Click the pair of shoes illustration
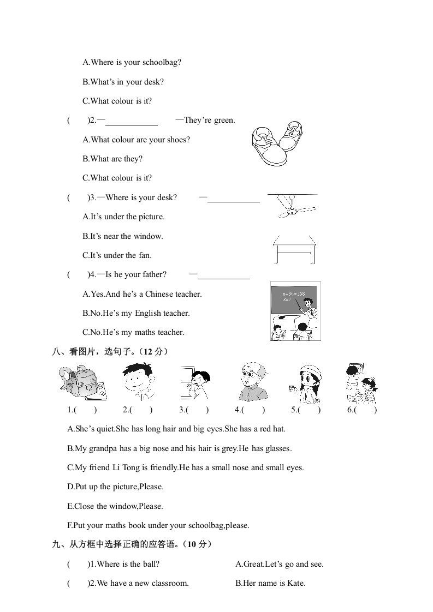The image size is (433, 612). (x=277, y=145)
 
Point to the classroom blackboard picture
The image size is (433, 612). (x=295, y=311)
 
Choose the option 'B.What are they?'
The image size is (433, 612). (x=112, y=159)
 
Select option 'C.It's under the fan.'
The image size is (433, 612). (x=117, y=255)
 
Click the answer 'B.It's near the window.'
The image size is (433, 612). (x=123, y=236)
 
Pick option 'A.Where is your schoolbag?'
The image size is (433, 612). (x=132, y=62)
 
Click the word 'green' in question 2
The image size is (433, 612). (x=224, y=120)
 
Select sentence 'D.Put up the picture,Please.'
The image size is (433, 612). (x=115, y=487)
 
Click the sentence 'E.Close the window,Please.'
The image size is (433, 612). (x=115, y=506)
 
